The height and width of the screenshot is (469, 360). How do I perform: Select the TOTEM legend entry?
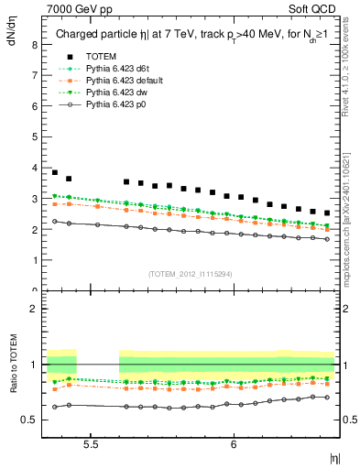(x=96, y=57)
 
